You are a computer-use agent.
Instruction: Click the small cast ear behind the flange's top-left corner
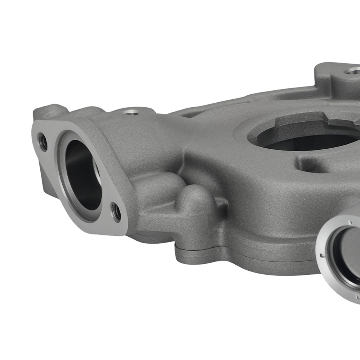49,112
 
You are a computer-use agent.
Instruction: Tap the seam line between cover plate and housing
252,254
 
